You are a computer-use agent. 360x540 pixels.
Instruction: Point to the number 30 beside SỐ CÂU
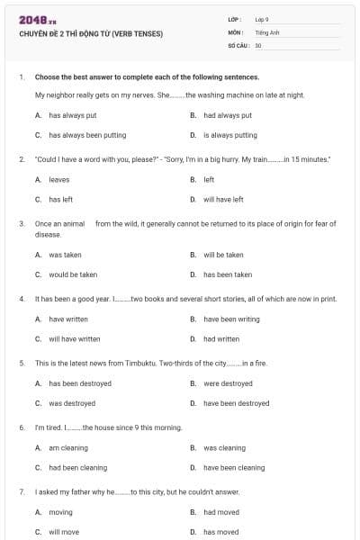258,44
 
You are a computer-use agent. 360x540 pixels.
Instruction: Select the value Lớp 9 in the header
262,19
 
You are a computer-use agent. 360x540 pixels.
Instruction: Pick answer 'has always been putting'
87,135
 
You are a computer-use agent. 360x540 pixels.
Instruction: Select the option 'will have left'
223,200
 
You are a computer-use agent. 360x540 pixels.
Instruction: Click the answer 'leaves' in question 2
58,180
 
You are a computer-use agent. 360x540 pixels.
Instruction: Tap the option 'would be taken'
73,274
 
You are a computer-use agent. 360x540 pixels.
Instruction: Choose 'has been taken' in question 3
228,274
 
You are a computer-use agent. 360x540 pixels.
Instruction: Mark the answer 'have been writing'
231,319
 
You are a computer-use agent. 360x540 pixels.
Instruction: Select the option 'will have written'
75,339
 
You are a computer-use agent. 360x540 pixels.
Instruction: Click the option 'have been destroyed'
236,403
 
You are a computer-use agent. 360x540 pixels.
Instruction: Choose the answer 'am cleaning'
68,447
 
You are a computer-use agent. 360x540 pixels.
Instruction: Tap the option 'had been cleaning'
77,468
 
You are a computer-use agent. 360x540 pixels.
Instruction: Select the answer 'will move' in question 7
64,532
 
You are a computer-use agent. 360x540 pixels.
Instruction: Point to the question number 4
21,299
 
